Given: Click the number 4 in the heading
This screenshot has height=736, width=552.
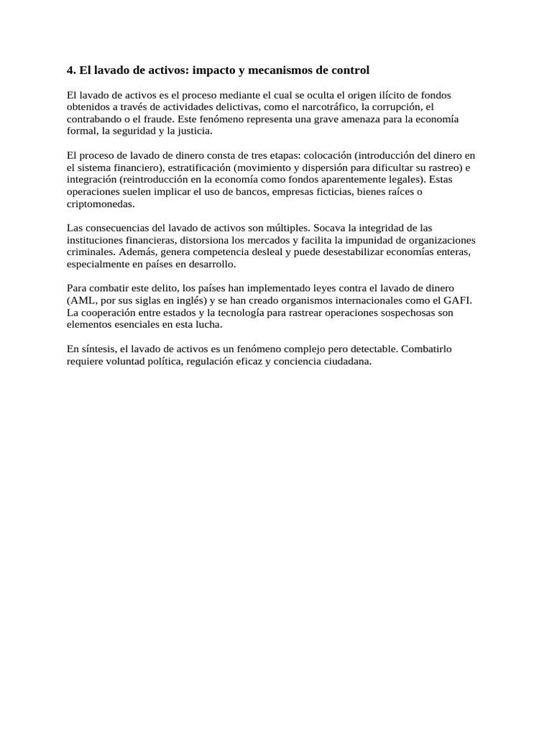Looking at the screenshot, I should [x=70, y=70].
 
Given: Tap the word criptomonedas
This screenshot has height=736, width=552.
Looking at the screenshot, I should [x=101, y=204].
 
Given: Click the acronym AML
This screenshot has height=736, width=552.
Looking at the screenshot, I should [x=82, y=301].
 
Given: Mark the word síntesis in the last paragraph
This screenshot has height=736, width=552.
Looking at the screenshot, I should [x=96, y=349].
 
